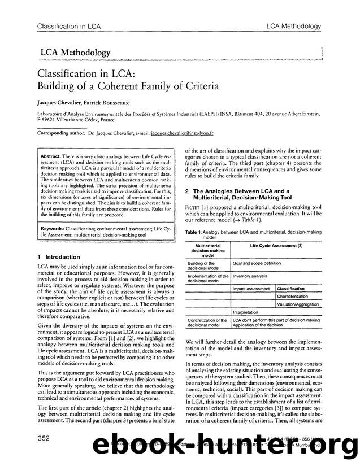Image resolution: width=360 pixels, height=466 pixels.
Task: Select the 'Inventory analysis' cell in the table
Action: (250, 276)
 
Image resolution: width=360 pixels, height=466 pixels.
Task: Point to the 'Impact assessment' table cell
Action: (251, 289)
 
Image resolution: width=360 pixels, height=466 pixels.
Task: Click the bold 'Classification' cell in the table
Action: (291, 289)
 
